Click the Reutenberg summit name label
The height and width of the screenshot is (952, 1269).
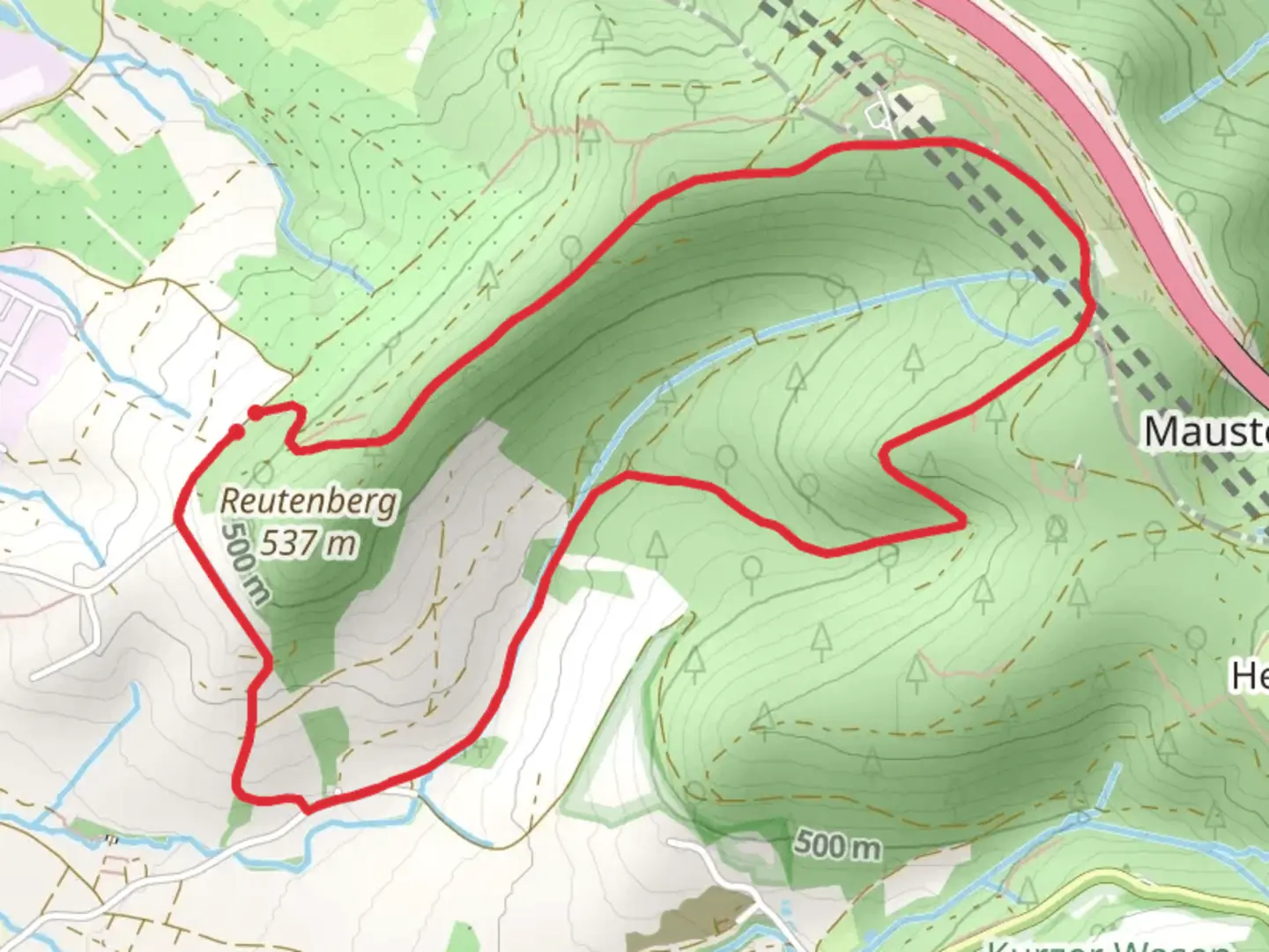coord(308,502)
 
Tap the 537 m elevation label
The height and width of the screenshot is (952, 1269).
coord(308,543)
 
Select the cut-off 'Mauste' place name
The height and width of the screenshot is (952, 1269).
coord(1206,432)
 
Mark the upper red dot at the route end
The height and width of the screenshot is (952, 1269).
coord(255,413)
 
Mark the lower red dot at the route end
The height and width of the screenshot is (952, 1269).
coord(236,430)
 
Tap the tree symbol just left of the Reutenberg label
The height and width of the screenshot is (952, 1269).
coord(263,470)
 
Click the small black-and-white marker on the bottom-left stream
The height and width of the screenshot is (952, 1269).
coord(111,839)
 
